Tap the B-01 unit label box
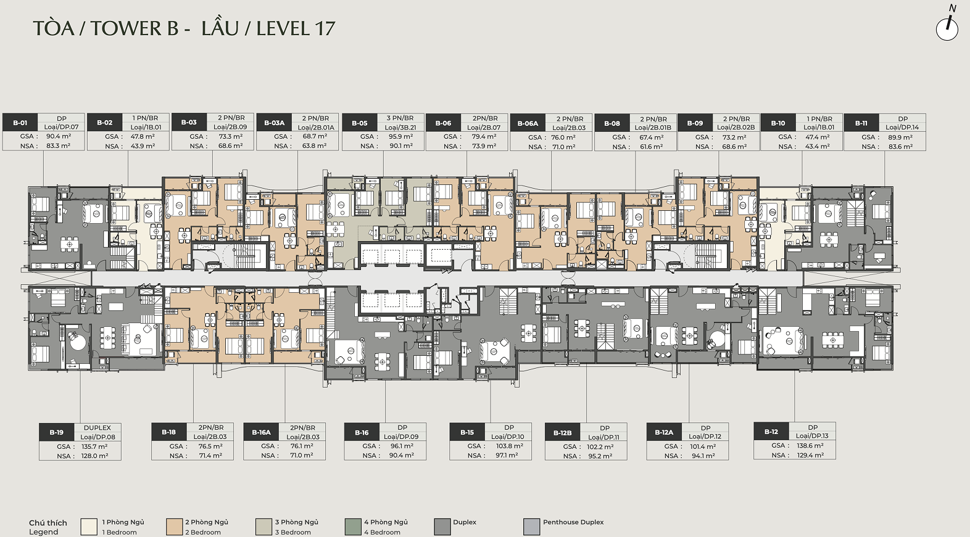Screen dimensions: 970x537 [x=20, y=123]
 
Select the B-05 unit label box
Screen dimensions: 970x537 [x=359, y=123]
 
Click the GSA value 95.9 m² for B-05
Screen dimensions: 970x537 [x=400, y=136]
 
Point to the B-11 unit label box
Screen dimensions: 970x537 [x=861, y=123]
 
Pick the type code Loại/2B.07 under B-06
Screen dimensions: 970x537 [x=484, y=128]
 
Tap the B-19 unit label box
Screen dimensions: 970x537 [x=56, y=432]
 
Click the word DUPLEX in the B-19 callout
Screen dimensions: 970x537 [x=97, y=427]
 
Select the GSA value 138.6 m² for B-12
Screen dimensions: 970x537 [x=810, y=445]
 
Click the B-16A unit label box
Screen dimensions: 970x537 [x=261, y=432]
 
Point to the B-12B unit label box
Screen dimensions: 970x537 [x=563, y=433]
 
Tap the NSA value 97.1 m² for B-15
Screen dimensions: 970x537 [x=507, y=456]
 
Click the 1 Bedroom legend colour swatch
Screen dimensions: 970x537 [x=89, y=527]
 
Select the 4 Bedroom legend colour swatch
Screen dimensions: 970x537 [x=353, y=527]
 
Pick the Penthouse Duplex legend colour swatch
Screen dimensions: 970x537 [x=531, y=527]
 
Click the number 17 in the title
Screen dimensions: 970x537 [x=325, y=28]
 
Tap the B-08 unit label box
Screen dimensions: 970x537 [x=612, y=123]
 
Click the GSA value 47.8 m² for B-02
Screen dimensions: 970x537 [x=143, y=136]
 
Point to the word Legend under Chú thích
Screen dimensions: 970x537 [x=43, y=532]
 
